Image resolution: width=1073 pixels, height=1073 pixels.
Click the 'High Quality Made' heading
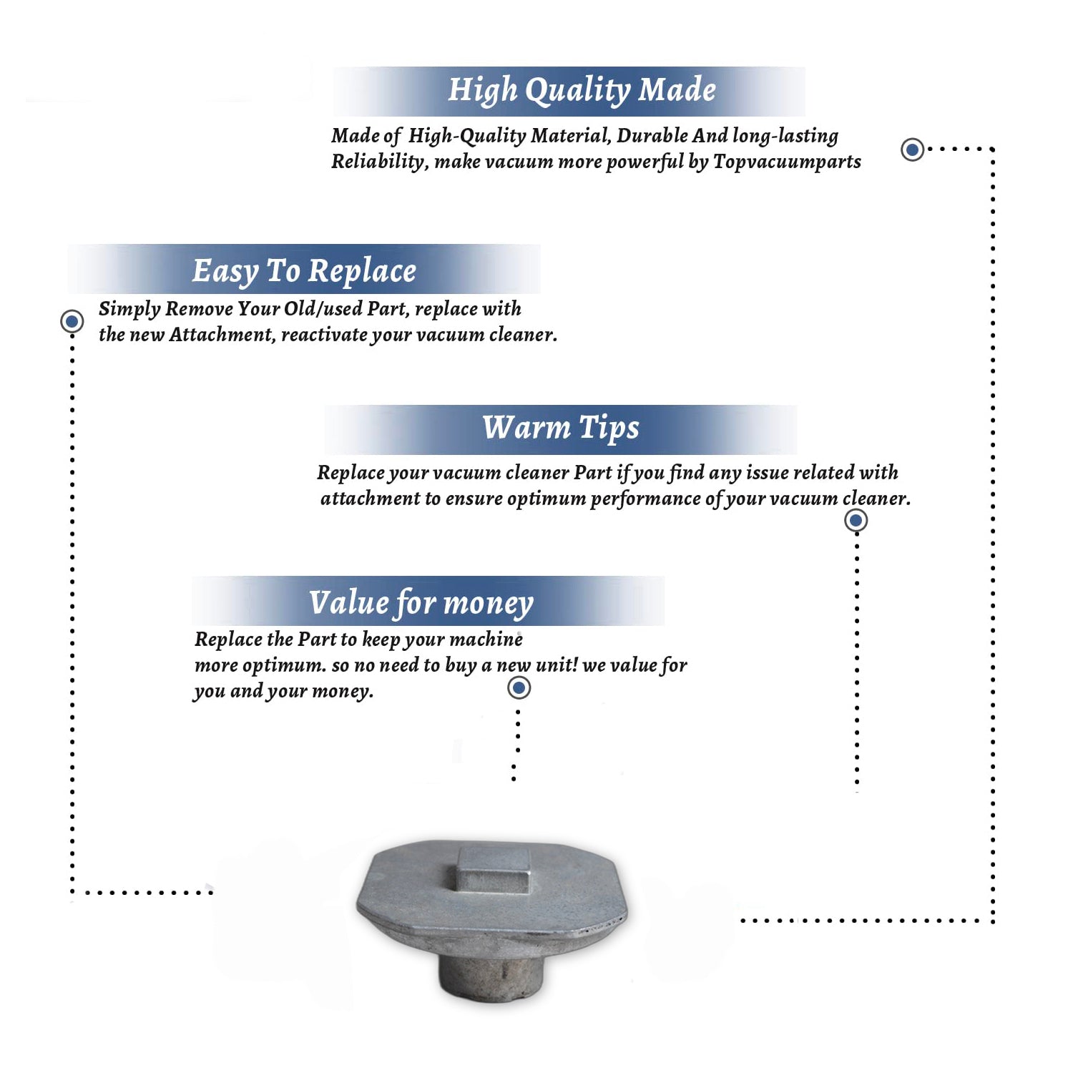(x=582, y=91)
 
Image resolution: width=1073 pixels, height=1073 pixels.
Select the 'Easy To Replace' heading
(x=304, y=271)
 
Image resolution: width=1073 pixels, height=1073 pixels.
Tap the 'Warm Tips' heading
(x=561, y=428)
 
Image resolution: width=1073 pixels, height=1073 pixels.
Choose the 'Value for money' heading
(x=421, y=603)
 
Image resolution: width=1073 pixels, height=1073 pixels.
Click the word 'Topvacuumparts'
(x=787, y=162)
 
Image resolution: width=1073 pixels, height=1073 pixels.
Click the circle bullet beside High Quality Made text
(x=912, y=150)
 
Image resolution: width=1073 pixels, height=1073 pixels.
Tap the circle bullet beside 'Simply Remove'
(x=72, y=321)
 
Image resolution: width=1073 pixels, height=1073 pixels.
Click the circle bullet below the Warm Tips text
(x=856, y=520)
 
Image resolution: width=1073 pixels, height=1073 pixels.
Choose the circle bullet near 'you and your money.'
(x=519, y=688)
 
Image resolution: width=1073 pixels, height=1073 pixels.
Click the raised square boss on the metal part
(x=494, y=870)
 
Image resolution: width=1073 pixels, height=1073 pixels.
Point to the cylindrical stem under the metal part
(x=491, y=974)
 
